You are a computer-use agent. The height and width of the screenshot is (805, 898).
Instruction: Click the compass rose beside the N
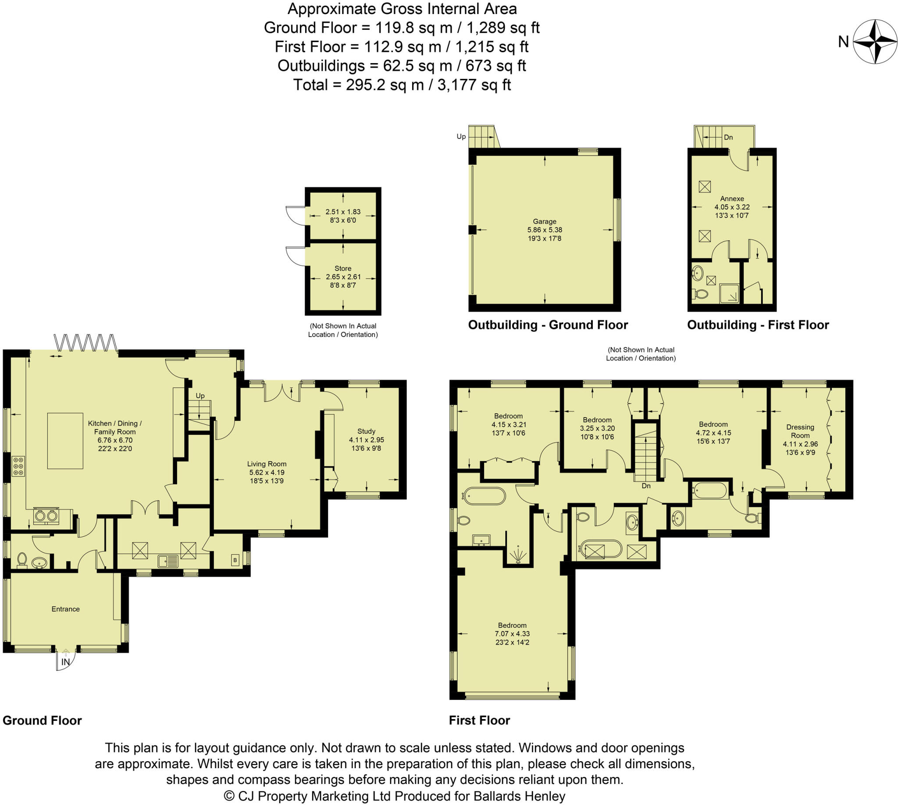point(875,42)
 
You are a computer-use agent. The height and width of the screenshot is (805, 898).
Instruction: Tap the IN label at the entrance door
point(65,662)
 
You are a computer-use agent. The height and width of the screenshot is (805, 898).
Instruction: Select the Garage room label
point(545,221)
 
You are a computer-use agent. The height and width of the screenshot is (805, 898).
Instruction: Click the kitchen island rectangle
point(65,440)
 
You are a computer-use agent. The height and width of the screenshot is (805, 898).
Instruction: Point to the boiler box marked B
point(235,560)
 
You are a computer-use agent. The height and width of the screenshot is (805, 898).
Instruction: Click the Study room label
point(366,431)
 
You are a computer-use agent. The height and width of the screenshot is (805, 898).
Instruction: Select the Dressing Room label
point(800,431)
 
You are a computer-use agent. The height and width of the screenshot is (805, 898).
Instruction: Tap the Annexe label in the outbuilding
point(731,199)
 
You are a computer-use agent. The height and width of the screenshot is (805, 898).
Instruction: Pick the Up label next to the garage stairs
point(461,137)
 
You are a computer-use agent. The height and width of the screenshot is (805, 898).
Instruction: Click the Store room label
point(342,269)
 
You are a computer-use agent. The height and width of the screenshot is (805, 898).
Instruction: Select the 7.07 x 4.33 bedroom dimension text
point(512,633)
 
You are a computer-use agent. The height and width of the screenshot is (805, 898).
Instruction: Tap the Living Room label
point(267,464)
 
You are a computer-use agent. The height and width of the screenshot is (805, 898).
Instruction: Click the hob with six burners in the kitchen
point(18,466)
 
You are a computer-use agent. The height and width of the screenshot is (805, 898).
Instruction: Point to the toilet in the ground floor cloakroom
point(21,560)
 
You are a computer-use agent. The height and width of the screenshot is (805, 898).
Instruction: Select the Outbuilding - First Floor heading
point(757,325)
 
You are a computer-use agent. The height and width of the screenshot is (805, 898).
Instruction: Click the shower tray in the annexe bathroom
point(729,293)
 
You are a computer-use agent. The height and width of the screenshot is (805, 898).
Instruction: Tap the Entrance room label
point(65,609)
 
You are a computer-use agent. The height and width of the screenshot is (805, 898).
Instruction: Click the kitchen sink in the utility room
point(168,561)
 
